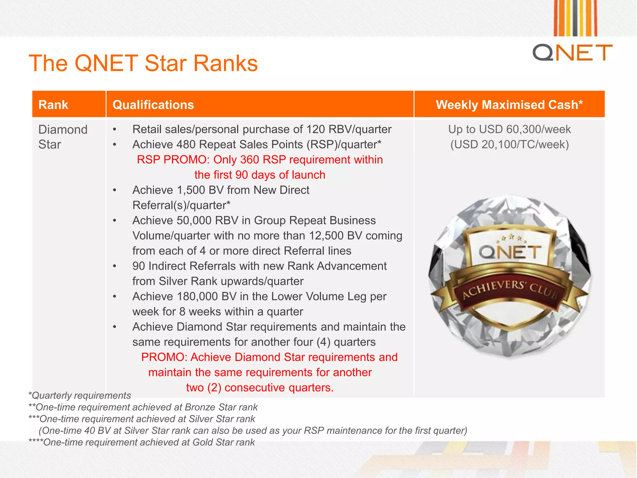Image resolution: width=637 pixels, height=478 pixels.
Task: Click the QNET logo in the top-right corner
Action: point(572,52)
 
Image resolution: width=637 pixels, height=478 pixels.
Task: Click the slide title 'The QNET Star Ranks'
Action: point(143,63)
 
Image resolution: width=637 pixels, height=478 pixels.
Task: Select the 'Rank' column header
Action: point(53,105)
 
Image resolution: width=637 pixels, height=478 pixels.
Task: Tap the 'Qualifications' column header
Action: point(153,105)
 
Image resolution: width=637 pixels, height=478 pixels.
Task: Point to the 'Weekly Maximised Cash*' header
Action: point(509,105)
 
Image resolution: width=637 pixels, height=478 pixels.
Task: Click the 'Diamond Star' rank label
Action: point(63,137)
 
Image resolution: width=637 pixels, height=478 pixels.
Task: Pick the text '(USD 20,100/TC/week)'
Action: point(509,144)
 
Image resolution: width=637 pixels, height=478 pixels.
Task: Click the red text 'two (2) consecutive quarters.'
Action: point(260,387)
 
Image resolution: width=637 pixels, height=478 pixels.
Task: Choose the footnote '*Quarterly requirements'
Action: point(80,396)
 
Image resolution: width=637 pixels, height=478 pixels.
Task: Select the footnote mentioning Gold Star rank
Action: point(142,442)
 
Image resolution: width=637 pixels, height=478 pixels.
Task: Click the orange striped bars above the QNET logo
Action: point(575,18)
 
